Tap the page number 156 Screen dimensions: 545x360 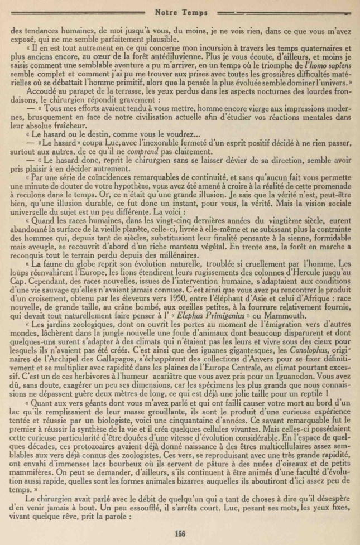179,532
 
